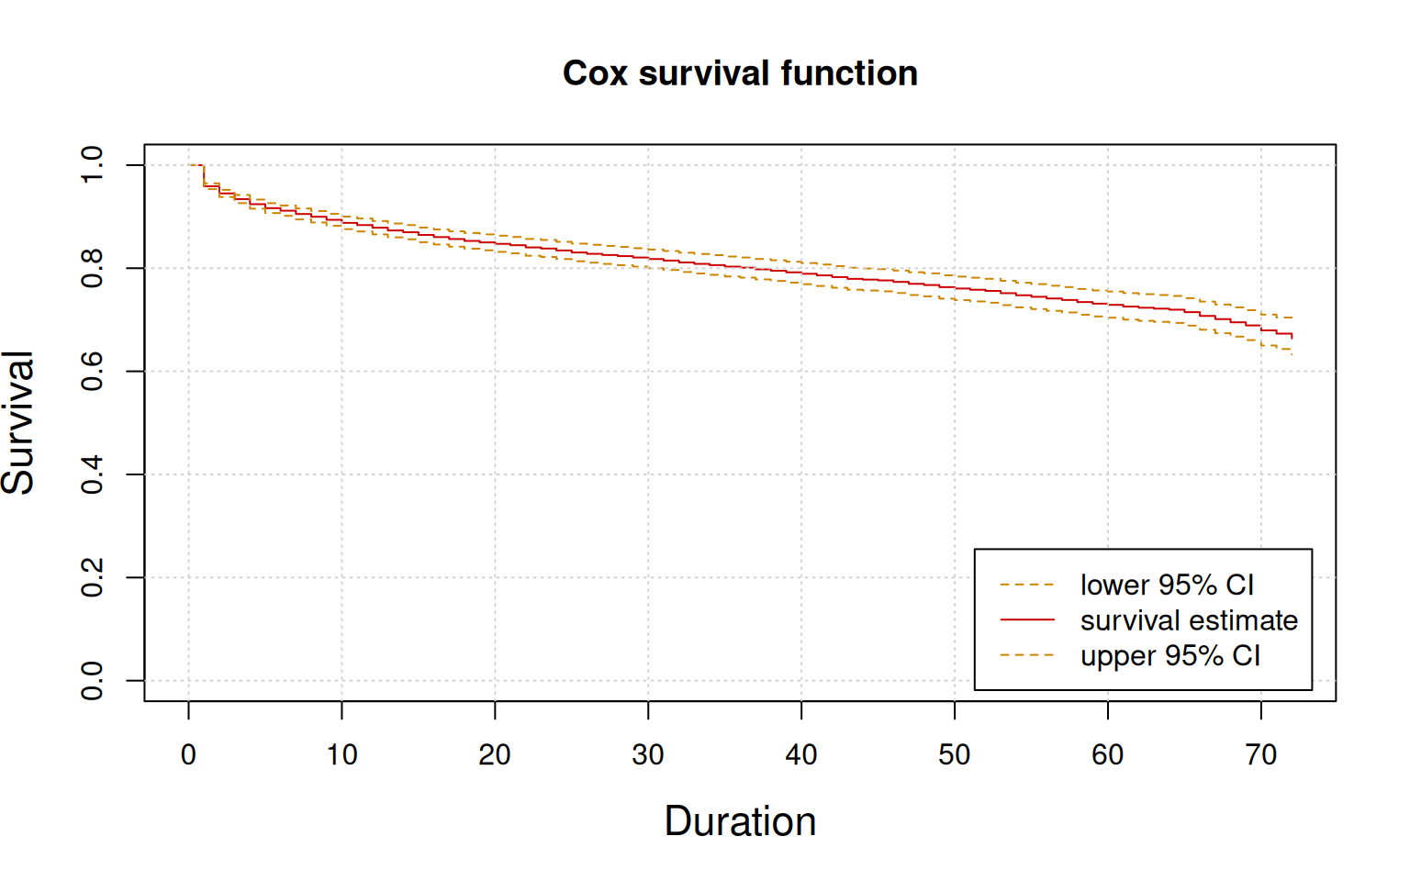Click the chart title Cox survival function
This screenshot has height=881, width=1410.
point(740,73)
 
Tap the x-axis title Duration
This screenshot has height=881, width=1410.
point(740,821)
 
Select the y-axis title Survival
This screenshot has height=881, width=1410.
point(18,422)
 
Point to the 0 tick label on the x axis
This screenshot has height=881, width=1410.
point(188,755)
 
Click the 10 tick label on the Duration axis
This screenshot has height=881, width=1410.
point(341,755)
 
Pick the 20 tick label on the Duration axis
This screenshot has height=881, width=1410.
point(495,755)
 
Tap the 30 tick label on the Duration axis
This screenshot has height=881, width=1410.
point(648,755)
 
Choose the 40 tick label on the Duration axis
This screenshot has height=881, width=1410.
point(801,755)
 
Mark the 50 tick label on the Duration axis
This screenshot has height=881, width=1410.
point(955,755)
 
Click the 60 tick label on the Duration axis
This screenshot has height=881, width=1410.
point(1108,755)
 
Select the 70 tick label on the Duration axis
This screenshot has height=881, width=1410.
point(1261,755)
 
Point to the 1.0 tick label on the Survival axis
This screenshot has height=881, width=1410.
point(93,165)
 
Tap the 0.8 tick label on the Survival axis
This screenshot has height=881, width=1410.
point(93,268)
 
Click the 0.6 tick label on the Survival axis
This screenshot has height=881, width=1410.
point(93,371)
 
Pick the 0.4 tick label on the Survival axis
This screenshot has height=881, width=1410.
point(93,474)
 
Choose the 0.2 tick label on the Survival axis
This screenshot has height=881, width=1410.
point(93,577)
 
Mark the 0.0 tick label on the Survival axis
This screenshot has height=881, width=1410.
point(93,680)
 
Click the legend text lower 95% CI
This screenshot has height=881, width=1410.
point(1167,585)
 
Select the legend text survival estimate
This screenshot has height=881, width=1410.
point(1189,620)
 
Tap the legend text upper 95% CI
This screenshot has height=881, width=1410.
point(1170,656)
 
